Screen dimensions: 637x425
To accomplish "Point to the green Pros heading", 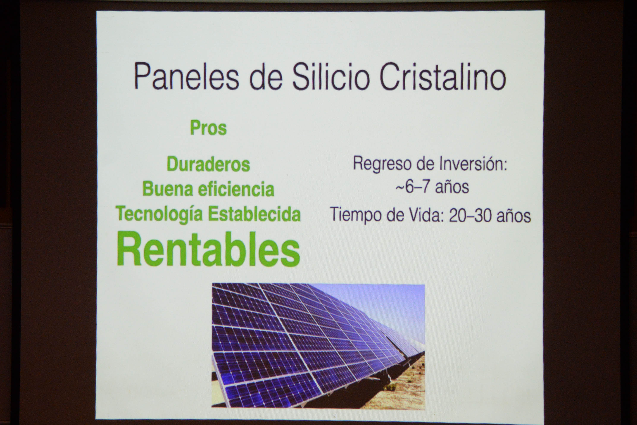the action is [x=208, y=128].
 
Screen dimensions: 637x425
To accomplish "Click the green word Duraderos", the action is [x=208, y=164].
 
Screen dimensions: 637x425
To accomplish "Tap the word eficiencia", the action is [x=236, y=189].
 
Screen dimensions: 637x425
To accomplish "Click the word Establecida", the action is [x=254, y=214].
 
